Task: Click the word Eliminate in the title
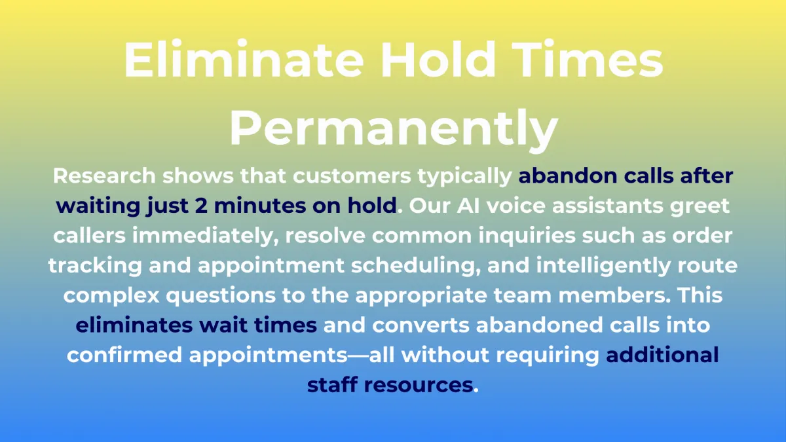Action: (x=244, y=59)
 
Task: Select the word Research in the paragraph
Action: (x=104, y=175)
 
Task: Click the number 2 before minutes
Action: (x=201, y=205)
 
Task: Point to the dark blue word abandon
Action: (x=567, y=175)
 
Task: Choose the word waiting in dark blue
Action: (x=98, y=206)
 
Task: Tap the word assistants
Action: (x=607, y=206)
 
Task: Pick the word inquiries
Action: (x=527, y=236)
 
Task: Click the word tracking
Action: (x=95, y=266)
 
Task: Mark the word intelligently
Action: (x=603, y=266)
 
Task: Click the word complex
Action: (x=111, y=296)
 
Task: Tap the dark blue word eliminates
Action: (x=134, y=325)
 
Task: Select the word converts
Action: (x=421, y=325)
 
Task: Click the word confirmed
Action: (x=124, y=355)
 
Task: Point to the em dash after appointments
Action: (x=358, y=356)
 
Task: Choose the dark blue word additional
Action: (x=662, y=355)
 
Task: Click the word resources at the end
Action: (x=419, y=385)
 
